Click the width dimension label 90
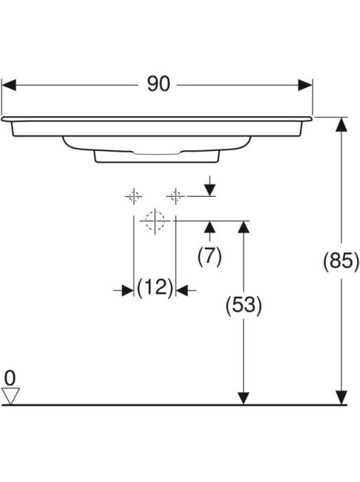click(x=158, y=84)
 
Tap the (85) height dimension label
click(x=341, y=261)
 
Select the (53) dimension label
click(x=244, y=306)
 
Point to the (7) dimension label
click(x=210, y=256)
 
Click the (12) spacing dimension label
click(x=155, y=287)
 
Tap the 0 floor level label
click(x=10, y=377)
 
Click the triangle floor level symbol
click(x=11, y=396)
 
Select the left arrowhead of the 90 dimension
click(x=9, y=85)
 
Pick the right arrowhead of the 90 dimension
click(x=305, y=85)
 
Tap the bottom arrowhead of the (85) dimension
click(x=341, y=398)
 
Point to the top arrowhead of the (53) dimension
click(x=244, y=227)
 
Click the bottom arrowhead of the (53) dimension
click(x=244, y=398)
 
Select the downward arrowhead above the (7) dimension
click(x=210, y=189)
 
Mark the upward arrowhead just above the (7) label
click(x=210, y=227)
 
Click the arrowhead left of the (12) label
click(x=128, y=290)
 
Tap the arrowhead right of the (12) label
click(x=182, y=290)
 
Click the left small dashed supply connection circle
click(x=134, y=196)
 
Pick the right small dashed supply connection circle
click(x=176, y=196)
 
